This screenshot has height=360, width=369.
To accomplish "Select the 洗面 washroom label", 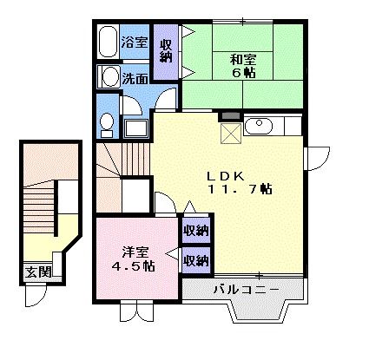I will click(135, 78).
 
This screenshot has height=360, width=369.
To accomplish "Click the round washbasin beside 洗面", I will click(109, 77).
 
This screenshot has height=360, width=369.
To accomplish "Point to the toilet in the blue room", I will click(105, 125).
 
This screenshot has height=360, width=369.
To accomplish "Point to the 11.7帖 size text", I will click(239, 188).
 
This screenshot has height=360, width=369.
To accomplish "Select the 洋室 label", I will click(133, 251).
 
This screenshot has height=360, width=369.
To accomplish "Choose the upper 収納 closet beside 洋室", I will click(195, 231).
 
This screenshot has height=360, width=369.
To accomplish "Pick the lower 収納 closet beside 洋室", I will click(195, 259).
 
